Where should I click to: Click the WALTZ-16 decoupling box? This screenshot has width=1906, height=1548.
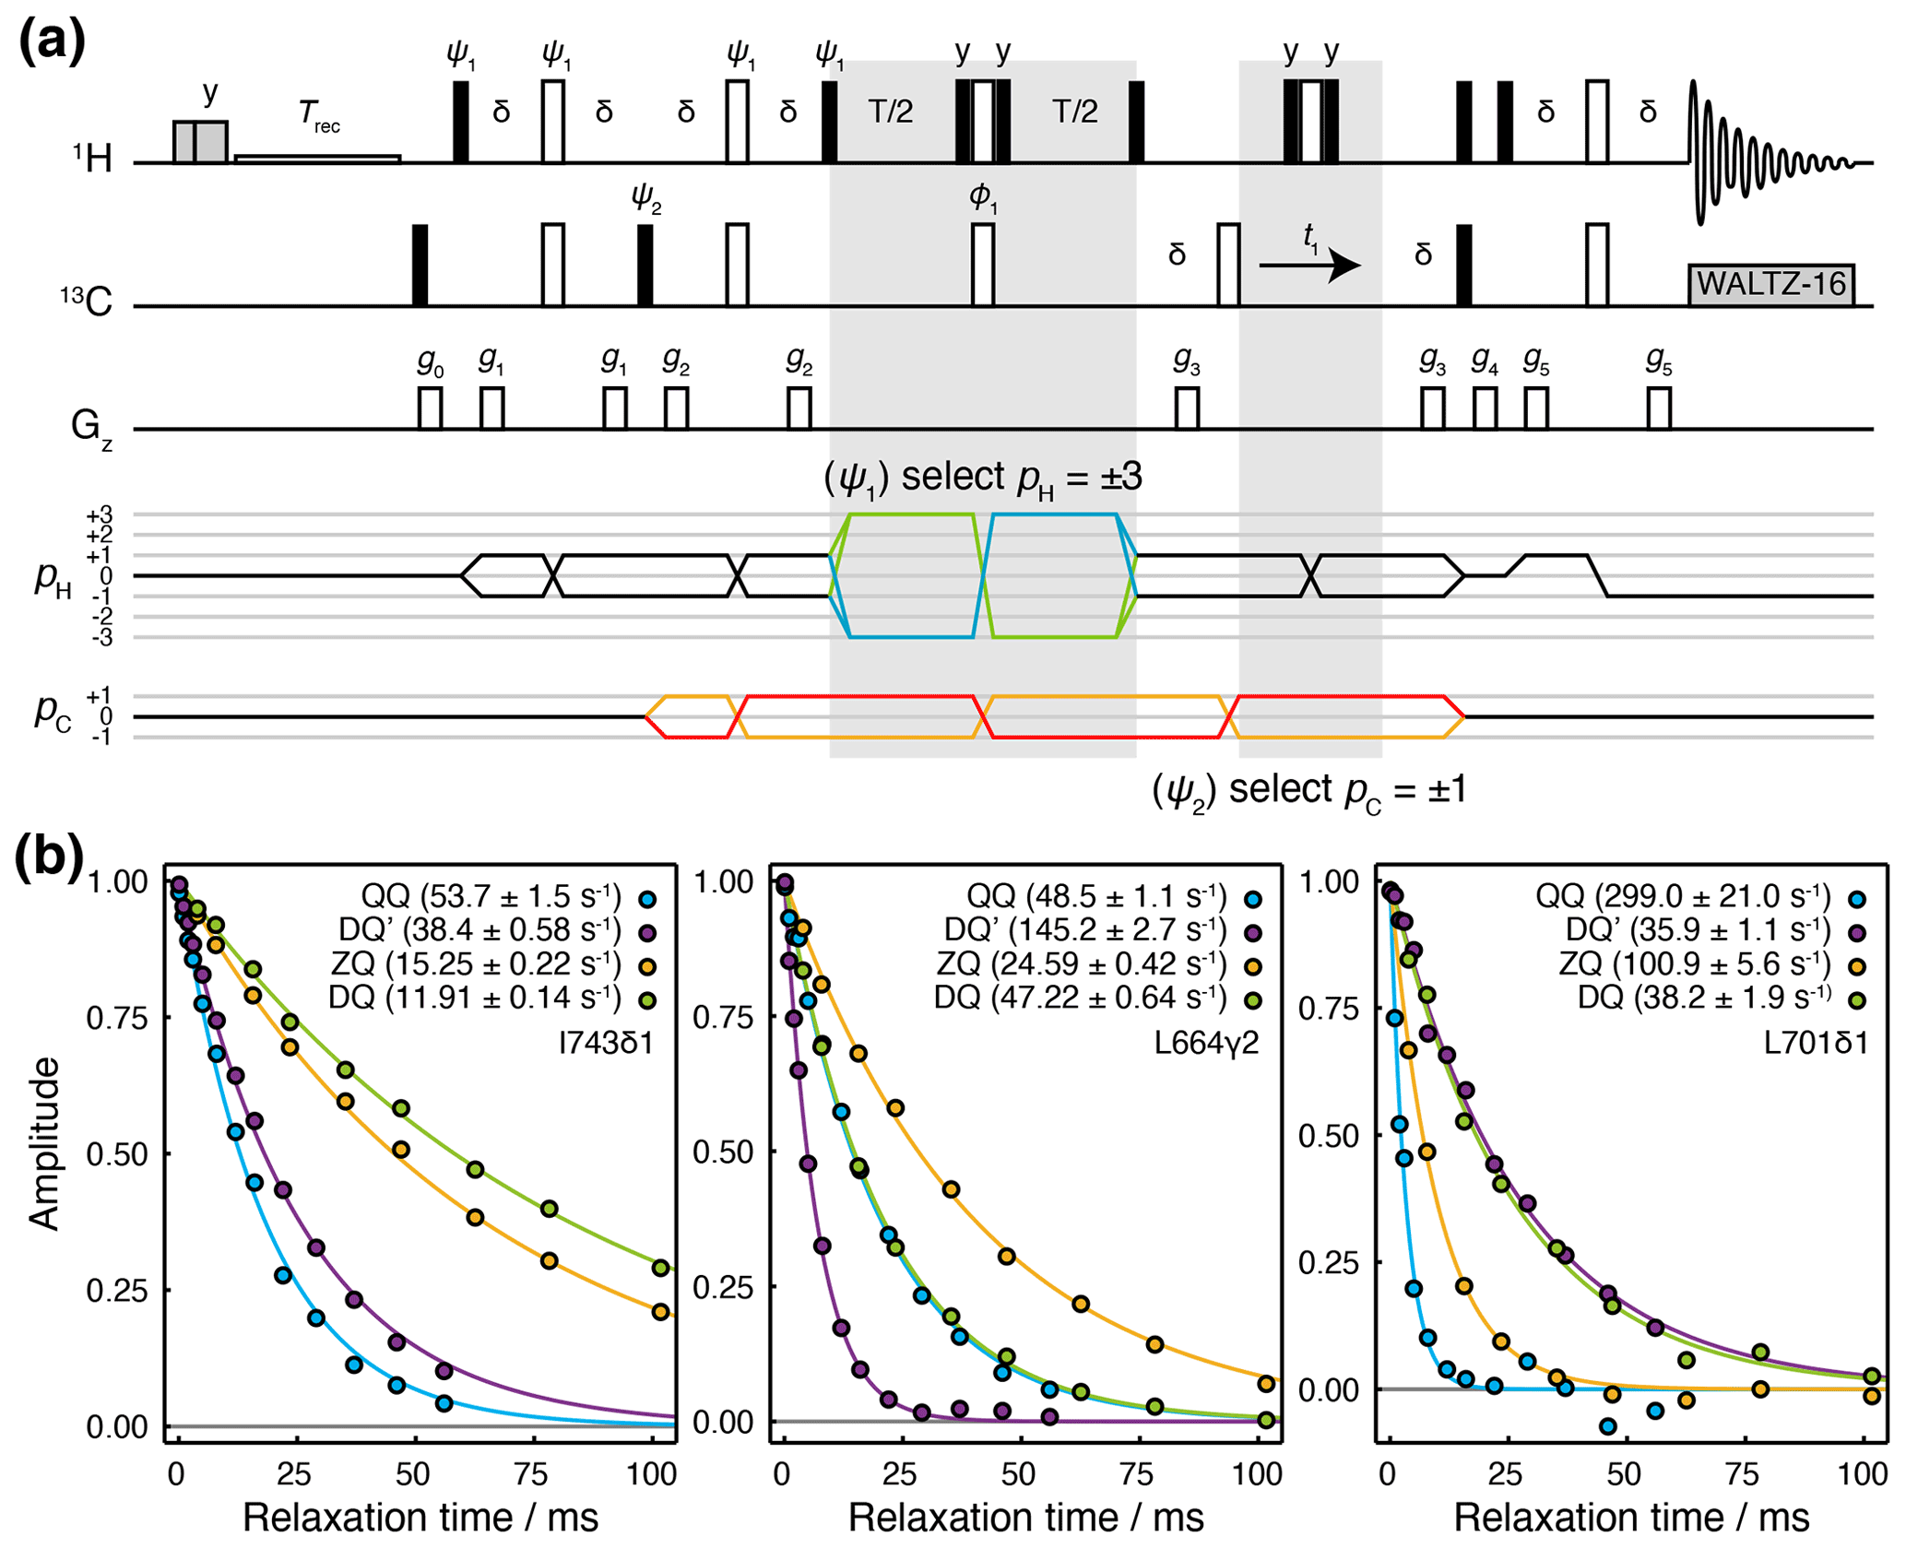pos(1770,283)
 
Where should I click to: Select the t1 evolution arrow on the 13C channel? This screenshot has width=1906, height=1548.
pos(1309,266)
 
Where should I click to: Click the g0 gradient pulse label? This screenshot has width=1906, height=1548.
pos(431,361)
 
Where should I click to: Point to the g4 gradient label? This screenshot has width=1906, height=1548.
pos(1484,361)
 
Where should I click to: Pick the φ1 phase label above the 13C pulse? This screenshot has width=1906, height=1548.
pos(983,197)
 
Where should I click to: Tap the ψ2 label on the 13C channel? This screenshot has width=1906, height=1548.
pos(645,197)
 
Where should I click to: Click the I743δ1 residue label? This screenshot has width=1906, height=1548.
pos(606,1043)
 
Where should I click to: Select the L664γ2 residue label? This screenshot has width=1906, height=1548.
pos(1207,1043)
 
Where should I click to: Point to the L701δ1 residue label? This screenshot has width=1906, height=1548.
pos(1816,1043)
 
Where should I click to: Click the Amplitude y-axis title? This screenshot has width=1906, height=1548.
pos(44,1143)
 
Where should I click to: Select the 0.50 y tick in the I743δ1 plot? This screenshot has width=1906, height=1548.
pos(116,1154)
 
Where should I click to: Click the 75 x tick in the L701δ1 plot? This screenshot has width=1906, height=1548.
pos(1743,1474)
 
